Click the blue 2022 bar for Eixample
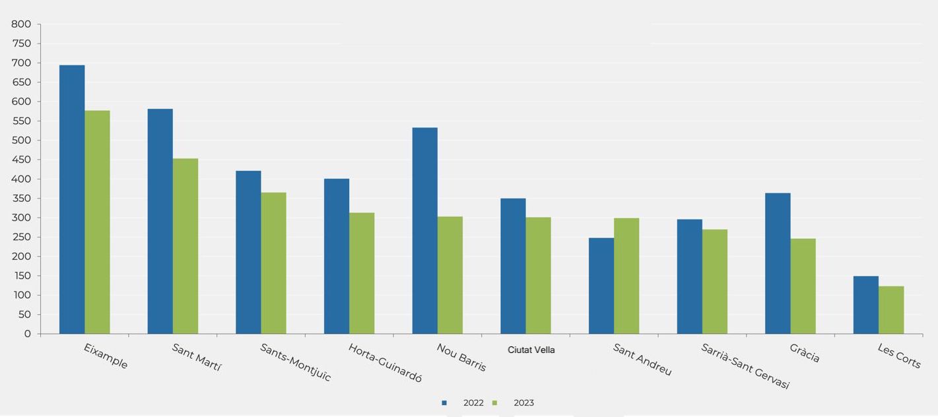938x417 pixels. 72,199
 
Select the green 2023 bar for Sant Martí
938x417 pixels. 185,246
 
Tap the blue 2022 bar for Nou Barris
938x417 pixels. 424,230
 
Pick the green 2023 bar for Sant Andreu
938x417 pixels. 626,276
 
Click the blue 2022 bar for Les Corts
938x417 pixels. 865,305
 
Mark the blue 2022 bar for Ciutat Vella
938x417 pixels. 513,266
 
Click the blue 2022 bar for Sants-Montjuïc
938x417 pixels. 248,252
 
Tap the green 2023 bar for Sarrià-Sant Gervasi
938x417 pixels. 715,282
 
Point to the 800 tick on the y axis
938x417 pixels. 21,24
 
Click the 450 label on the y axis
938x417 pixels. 21,160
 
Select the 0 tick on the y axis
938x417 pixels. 28,334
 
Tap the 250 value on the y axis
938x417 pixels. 21,237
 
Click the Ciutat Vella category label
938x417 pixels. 531,350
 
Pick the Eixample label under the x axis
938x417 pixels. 106,356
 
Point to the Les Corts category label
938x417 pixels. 898,356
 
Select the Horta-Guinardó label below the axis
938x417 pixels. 385,363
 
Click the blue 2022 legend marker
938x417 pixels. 444,403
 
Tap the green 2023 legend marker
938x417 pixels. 495,403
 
